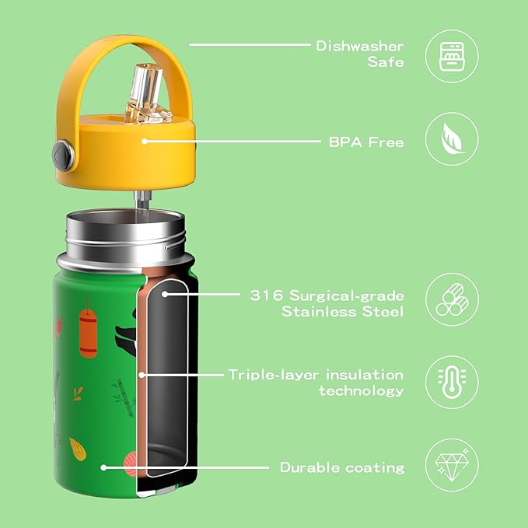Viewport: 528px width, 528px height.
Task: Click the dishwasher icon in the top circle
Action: [451, 54]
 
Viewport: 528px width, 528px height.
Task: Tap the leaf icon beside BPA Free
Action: [451, 140]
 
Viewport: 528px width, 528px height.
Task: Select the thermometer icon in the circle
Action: [451, 382]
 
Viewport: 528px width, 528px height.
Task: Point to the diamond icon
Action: [451, 466]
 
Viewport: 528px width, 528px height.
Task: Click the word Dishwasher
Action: [359, 46]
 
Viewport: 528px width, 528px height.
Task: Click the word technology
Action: [361, 390]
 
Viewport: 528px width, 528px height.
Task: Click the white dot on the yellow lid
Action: [144, 140]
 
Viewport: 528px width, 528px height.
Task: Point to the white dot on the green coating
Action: [103, 467]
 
